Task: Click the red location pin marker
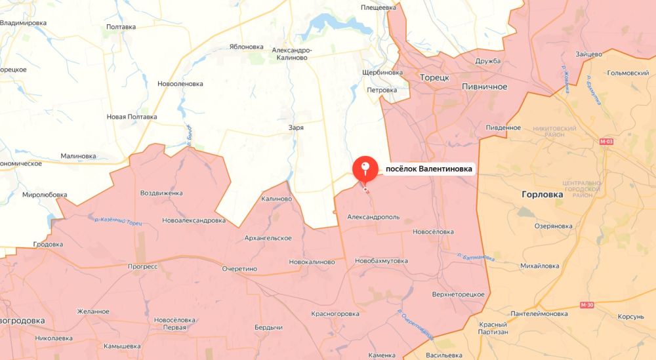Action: tap(365, 169)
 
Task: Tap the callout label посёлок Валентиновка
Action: tap(428, 169)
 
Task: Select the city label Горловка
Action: tap(543, 195)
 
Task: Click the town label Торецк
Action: tap(434, 77)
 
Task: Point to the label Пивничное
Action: tap(484, 87)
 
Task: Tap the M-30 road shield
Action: tap(588, 305)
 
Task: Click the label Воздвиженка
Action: tap(161, 193)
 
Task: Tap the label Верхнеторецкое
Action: tap(454, 294)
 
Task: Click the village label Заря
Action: tap(296, 128)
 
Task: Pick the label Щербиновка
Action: tap(382, 72)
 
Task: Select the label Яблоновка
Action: tap(246, 47)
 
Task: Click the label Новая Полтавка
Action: tap(132, 117)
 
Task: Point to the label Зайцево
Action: tap(588, 54)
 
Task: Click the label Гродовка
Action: tap(48, 245)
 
